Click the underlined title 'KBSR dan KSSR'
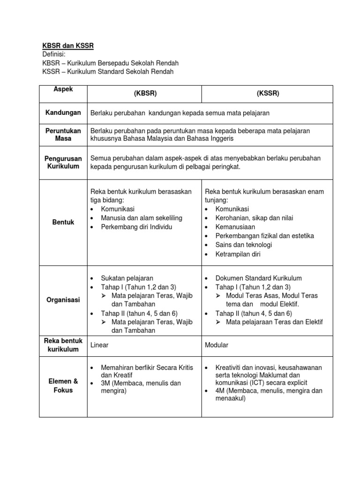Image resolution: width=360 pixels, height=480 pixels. pyautogui.click(x=68, y=45)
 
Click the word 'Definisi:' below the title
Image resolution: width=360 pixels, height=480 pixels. pyautogui.click(x=55, y=54)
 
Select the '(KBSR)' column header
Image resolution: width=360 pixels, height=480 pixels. pyautogui.click(x=145, y=93)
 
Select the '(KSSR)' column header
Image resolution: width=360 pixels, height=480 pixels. pyautogui.click(x=268, y=93)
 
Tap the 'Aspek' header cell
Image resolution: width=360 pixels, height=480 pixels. pyautogui.click(x=64, y=89)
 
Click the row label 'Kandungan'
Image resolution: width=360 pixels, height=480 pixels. pyautogui.click(x=63, y=113)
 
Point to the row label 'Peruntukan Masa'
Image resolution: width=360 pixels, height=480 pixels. pyautogui.click(x=63, y=135)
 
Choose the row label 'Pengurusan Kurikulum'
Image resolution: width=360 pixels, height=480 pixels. pyautogui.click(x=63, y=162)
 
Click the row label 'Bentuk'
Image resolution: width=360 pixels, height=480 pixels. pyautogui.click(x=63, y=222)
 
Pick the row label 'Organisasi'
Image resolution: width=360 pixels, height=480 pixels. pyautogui.click(x=63, y=300)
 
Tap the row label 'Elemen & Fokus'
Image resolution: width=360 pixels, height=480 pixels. pyautogui.click(x=63, y=386)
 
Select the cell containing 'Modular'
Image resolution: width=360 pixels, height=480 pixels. pyautogui.click(x=217, y=345)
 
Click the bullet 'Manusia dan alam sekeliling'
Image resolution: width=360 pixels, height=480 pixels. pyautogui.click(x=142, y=218)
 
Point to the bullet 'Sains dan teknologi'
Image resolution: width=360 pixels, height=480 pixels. pyautogui.click(x=244, y=245)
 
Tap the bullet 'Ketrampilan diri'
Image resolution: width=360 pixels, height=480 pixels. pyautogui.click(x=238, y=254)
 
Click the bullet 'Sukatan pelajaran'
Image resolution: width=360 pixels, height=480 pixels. pyautogui.click(x=127, y=278)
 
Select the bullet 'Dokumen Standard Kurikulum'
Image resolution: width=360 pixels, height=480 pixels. pyautogui.click(x=258, y=278)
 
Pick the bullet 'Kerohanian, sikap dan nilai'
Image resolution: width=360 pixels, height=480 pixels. pyautogui.click(x=255, y=218)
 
